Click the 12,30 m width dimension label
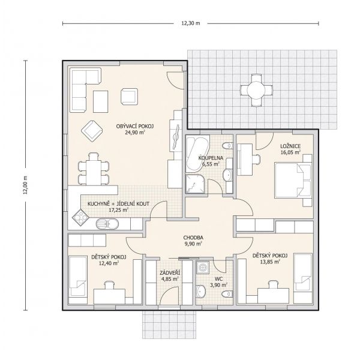[191, 23]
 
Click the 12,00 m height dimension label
[25, 185]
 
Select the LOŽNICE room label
[290, 146]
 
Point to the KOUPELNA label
[211, 158]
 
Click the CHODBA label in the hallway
[193, 238]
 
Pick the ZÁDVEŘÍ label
[170, 273]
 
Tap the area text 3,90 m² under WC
[218, 285]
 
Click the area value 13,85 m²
[270, 262]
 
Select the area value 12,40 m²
[109, 263]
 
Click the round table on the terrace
[256, 90]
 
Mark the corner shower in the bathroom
[195, 184]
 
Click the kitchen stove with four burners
[80, 217]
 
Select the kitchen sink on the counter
[107, 224]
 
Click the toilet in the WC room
[227, 293]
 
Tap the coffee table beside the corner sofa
[101, 101]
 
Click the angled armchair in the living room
[92, 131]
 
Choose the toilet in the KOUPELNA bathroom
[227, 146]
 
